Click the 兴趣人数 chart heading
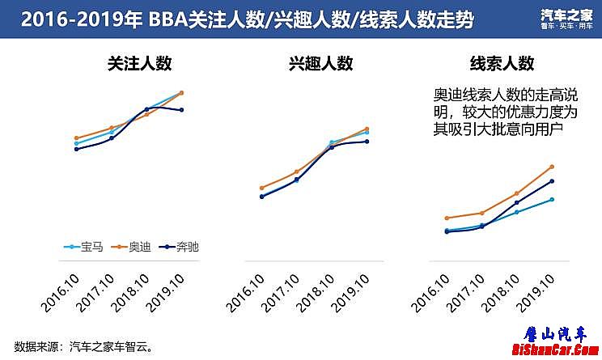pos(320,66)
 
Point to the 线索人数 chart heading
pos(502,66)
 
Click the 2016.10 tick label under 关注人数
pos(62,293)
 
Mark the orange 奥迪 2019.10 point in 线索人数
pos(552,167)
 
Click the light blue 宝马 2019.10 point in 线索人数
pos(552,199)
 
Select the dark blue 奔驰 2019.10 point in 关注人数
pos(181,110)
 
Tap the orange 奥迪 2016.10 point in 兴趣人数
pos(262,188)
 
